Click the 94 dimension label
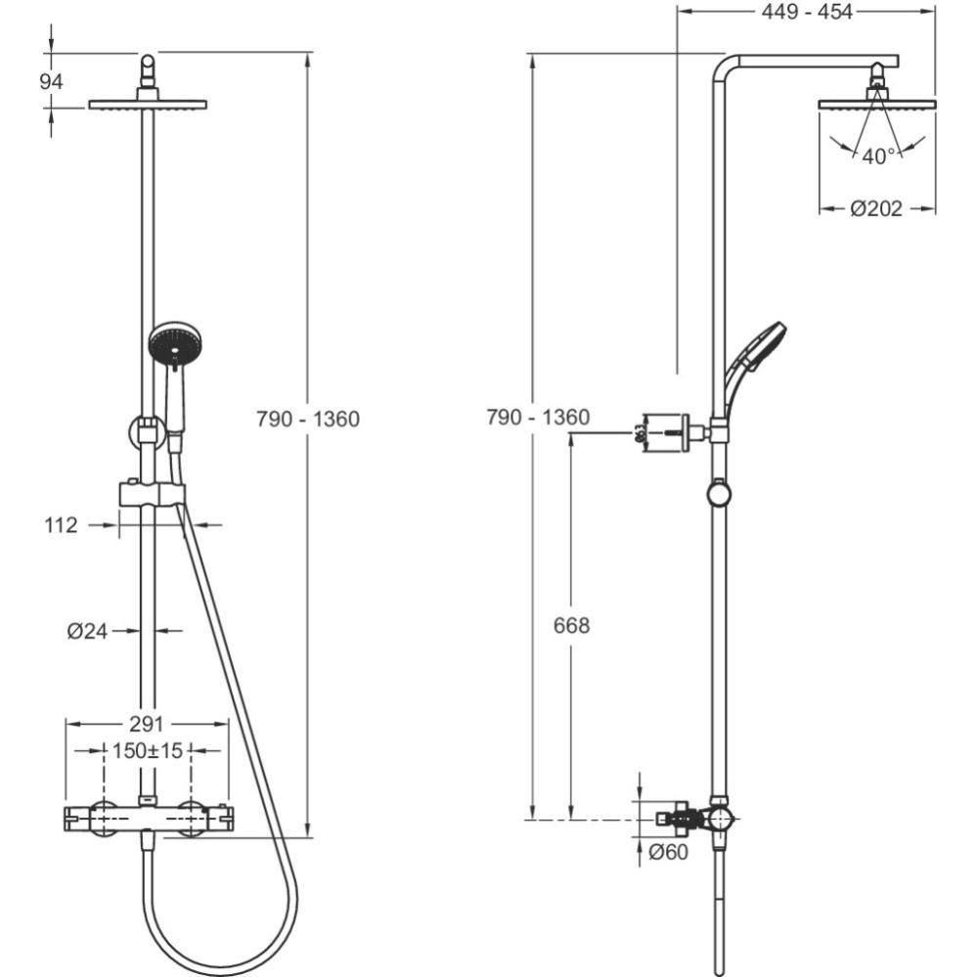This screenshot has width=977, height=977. (51, 82)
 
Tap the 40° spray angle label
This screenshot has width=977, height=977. (877, 155)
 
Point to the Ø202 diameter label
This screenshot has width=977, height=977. (876, 208)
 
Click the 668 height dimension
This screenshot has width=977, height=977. (571, 626)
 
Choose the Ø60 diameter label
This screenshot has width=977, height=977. (668, 853)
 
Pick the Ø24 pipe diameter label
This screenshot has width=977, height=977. (87, 632)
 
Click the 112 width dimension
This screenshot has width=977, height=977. (61, 525)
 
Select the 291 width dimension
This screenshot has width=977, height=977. (146, 724)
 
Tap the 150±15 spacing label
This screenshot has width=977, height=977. (147, 750)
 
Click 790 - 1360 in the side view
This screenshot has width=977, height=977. (538, 418)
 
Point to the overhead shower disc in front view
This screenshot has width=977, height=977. (148, 105)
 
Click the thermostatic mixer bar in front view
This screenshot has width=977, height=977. (147, 817)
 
